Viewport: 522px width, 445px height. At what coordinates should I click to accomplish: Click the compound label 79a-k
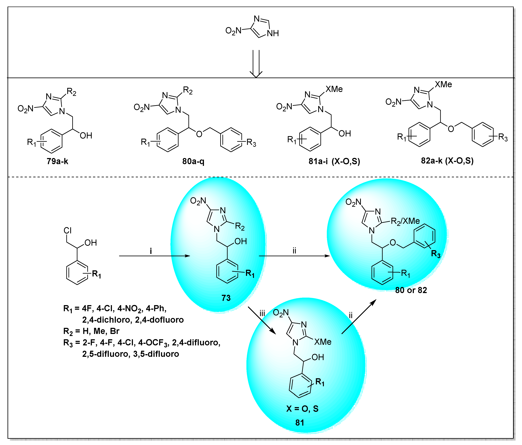tap(57, 161)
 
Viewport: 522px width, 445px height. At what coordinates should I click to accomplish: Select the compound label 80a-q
tap(193, 161)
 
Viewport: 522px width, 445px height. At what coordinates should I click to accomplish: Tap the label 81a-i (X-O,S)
tap(334, 161)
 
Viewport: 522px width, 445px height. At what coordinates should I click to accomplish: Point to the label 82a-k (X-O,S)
tap(447, 161)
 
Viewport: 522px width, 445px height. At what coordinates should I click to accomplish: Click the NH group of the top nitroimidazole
tap(273, 33)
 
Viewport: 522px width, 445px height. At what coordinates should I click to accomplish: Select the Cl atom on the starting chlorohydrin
tap(68, 230)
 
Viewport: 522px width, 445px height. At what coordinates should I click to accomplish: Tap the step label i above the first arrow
tap(151, 251)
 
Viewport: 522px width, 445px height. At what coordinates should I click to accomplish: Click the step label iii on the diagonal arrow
tap(262, 314)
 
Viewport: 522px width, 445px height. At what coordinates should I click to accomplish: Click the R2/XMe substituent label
tap(405, 221)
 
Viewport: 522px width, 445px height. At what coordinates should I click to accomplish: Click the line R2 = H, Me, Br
tap(91, 331)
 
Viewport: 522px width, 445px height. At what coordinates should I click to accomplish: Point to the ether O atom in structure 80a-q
tap(199, 134)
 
